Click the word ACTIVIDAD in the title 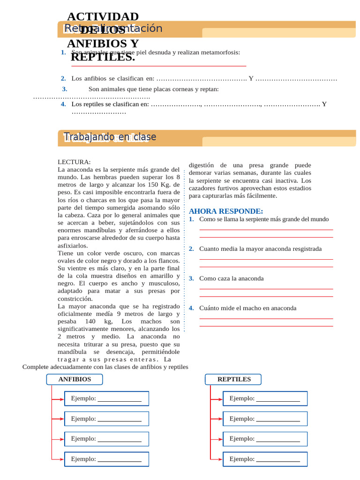click(x=103, y=17)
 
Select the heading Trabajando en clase click(x=110, y=137)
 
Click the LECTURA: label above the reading click(x=74, y=162)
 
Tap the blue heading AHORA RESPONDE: click(x=226, y=211)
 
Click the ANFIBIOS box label click(x=75, y=379)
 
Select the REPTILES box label click(x=234, y=379)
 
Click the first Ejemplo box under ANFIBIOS click(x=106, y=398)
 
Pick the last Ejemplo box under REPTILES click(x=265, y=459)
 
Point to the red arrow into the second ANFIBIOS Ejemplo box click(x=58, y=419)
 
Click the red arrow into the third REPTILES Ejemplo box click(x=217, y=439)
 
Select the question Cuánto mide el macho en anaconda click(x=247, y=308)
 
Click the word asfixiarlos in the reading click(x=73, y=245)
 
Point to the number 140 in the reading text click(x=91, y=322)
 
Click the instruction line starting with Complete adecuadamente click(x=105, y=367)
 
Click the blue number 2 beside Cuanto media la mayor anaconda click(x=191, y=249)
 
